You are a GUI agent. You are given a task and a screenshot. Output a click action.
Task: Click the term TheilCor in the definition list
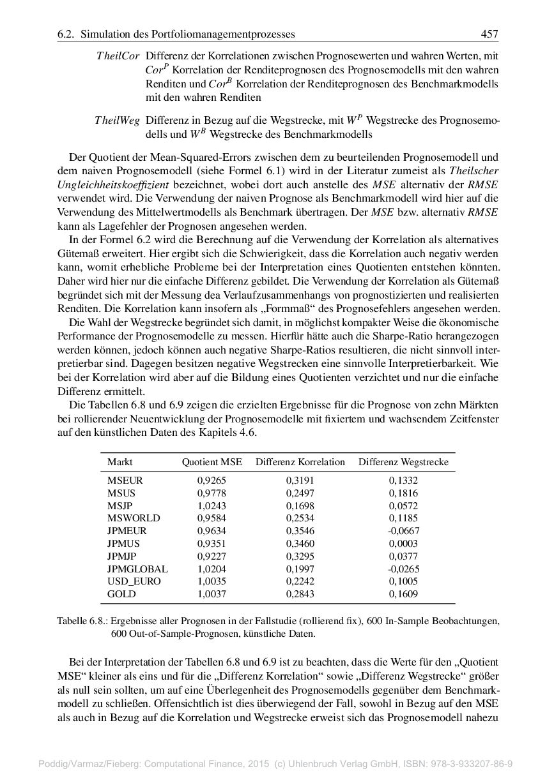tap(118, 56)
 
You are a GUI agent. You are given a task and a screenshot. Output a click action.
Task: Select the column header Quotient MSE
tap(212, 462)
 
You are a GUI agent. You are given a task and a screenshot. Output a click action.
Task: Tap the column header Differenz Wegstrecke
tap(403, 462)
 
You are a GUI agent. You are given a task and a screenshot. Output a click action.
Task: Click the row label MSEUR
tap(125, 481)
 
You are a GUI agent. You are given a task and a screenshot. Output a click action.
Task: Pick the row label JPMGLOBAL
tap(137, 569)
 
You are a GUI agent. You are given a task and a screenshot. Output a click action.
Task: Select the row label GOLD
tap(121, 594)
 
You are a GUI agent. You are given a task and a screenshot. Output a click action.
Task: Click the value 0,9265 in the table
tap(212, 481)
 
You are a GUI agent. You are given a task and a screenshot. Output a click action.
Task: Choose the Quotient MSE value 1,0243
tap(212, 505)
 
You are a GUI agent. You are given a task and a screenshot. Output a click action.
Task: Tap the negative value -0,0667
tap(403, 531)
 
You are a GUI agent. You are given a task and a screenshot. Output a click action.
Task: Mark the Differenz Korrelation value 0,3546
tap(300, 531)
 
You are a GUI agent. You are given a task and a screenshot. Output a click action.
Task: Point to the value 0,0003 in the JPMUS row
tap(403, 544)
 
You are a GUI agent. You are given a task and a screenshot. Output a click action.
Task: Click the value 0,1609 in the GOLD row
tap(403, 594)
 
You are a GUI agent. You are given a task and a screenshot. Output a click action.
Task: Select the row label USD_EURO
tap(134, 581)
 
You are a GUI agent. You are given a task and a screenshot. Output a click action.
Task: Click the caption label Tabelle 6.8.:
tap(82, 620)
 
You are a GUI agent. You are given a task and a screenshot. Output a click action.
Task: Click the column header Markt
tap(120, 462)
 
